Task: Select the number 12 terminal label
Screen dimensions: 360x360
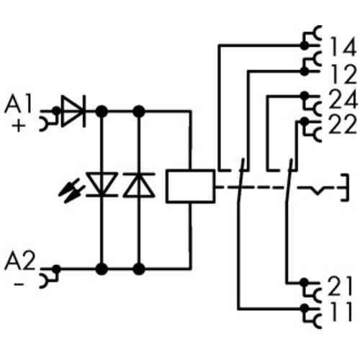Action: (x=341, y=73)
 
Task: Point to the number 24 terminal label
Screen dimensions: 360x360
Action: (x=341, y=99)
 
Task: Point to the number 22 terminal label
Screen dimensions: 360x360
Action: (x=341, y=125)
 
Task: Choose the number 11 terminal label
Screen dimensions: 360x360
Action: (x=341, y=313)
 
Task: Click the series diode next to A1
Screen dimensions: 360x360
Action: (x=72, y=112)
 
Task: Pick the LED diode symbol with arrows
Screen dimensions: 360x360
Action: (x=101, y=185)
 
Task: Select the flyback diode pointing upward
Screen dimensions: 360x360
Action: (x=139, y=185)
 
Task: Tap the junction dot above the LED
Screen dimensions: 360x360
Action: (x=102, y=112)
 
